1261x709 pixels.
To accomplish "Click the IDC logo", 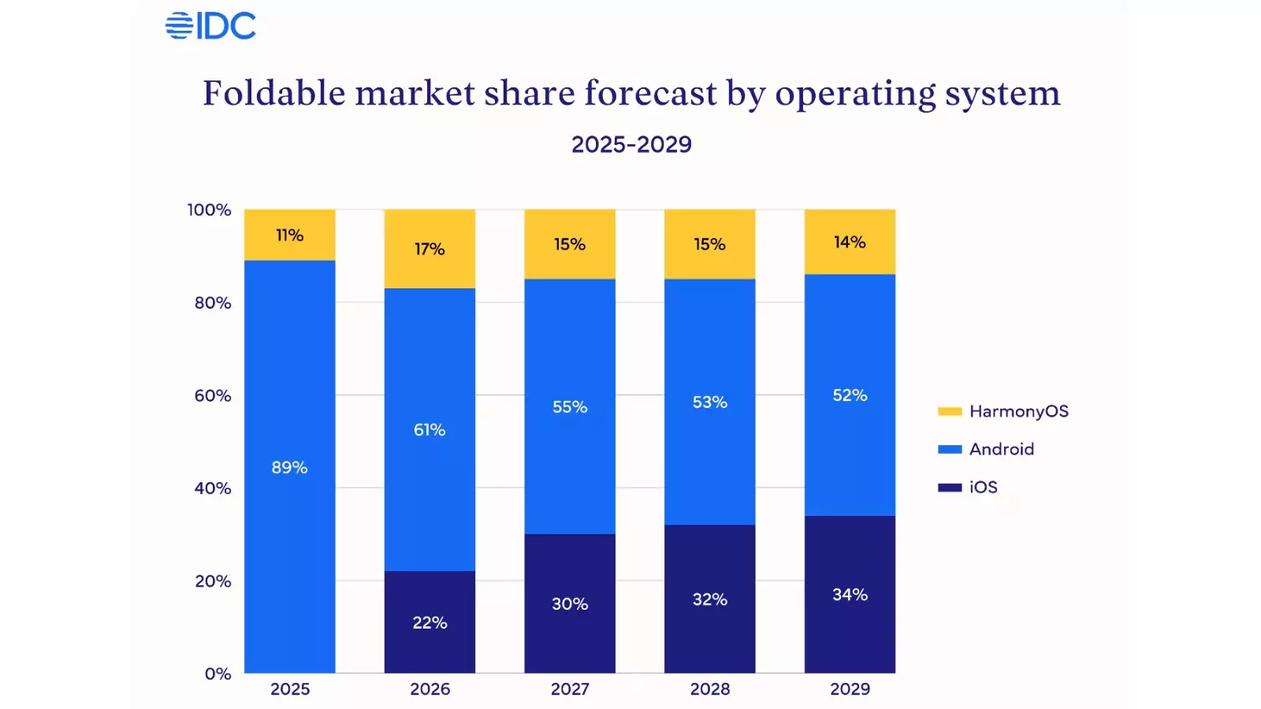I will click(x=210, y=25).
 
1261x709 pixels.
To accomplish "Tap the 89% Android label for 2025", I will click(x=289, y=467).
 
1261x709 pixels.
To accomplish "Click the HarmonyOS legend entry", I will click(x=1003, y=411).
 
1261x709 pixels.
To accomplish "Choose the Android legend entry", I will click(x=986, y=449).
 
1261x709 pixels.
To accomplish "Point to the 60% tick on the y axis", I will click(x=213, y=395).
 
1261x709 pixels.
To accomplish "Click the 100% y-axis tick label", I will click(x=209, y=210).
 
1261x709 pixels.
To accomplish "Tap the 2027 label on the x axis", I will click(x=570, y=689).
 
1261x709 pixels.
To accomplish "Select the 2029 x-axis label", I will click(x=850, y=689).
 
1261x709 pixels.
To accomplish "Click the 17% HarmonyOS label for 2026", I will click(x=430, y=249).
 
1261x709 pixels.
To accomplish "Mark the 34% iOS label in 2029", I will click(x=850, y=595).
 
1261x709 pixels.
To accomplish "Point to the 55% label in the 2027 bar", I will click(x=570, y=406).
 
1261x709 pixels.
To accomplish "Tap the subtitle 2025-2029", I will click(x=631, y=144).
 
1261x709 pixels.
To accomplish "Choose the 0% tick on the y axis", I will click(x=218, y=674).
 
